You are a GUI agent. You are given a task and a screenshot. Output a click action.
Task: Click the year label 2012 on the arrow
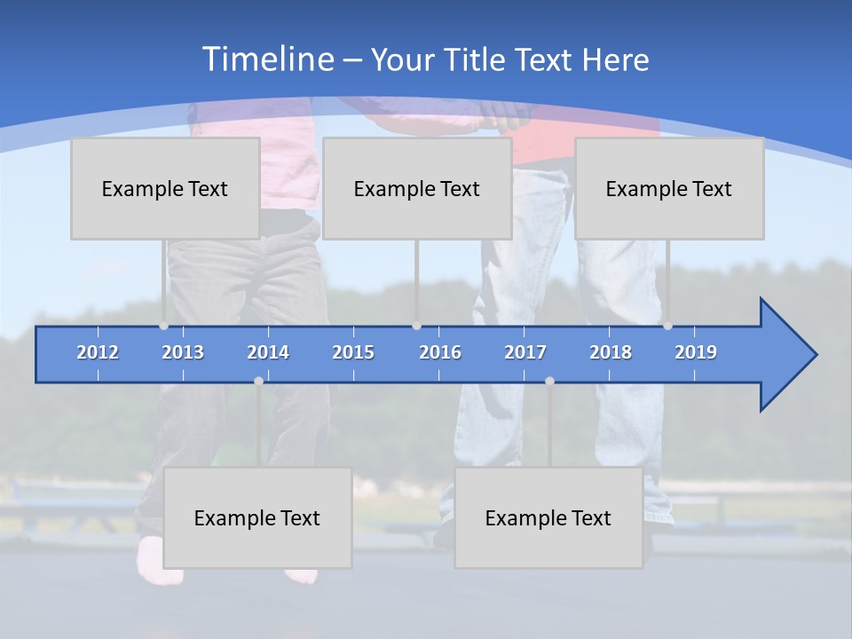(x=98, y=352)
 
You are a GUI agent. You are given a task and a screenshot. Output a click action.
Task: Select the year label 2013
(x=183, y=352)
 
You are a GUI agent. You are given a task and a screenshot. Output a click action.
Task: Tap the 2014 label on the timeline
(x=268, y=352)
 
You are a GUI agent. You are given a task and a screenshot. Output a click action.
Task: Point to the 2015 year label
(x=353, y=352)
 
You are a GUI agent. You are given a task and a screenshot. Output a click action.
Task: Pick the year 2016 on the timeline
(x=440, y=352)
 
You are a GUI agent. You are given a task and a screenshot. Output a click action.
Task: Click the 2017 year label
(x=525, y=352)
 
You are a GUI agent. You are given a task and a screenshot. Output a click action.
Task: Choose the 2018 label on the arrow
(x=611, y=352)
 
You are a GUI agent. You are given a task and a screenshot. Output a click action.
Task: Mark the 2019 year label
(x=696, y=352)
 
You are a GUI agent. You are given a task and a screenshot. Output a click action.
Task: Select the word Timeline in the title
(x=266, y=59)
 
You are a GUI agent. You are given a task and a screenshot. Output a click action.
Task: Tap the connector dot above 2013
(x=163, y=326)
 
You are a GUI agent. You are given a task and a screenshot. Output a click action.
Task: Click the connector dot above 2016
(x=416, y=326)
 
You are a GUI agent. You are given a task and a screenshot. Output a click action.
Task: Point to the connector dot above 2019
(x=667, y=326)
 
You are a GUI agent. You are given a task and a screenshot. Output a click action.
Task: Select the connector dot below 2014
(x=258, y=382)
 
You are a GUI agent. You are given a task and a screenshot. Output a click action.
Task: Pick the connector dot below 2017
(x=549, y=382)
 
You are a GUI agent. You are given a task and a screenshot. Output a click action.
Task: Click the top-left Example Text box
(x=165, y=188)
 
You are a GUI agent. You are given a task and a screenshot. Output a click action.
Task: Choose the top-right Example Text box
(x=669, y=188)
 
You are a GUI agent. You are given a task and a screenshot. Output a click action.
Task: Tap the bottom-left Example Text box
(x=257, y=517)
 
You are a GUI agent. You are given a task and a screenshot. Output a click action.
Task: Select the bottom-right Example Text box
(x=548, y=517)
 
